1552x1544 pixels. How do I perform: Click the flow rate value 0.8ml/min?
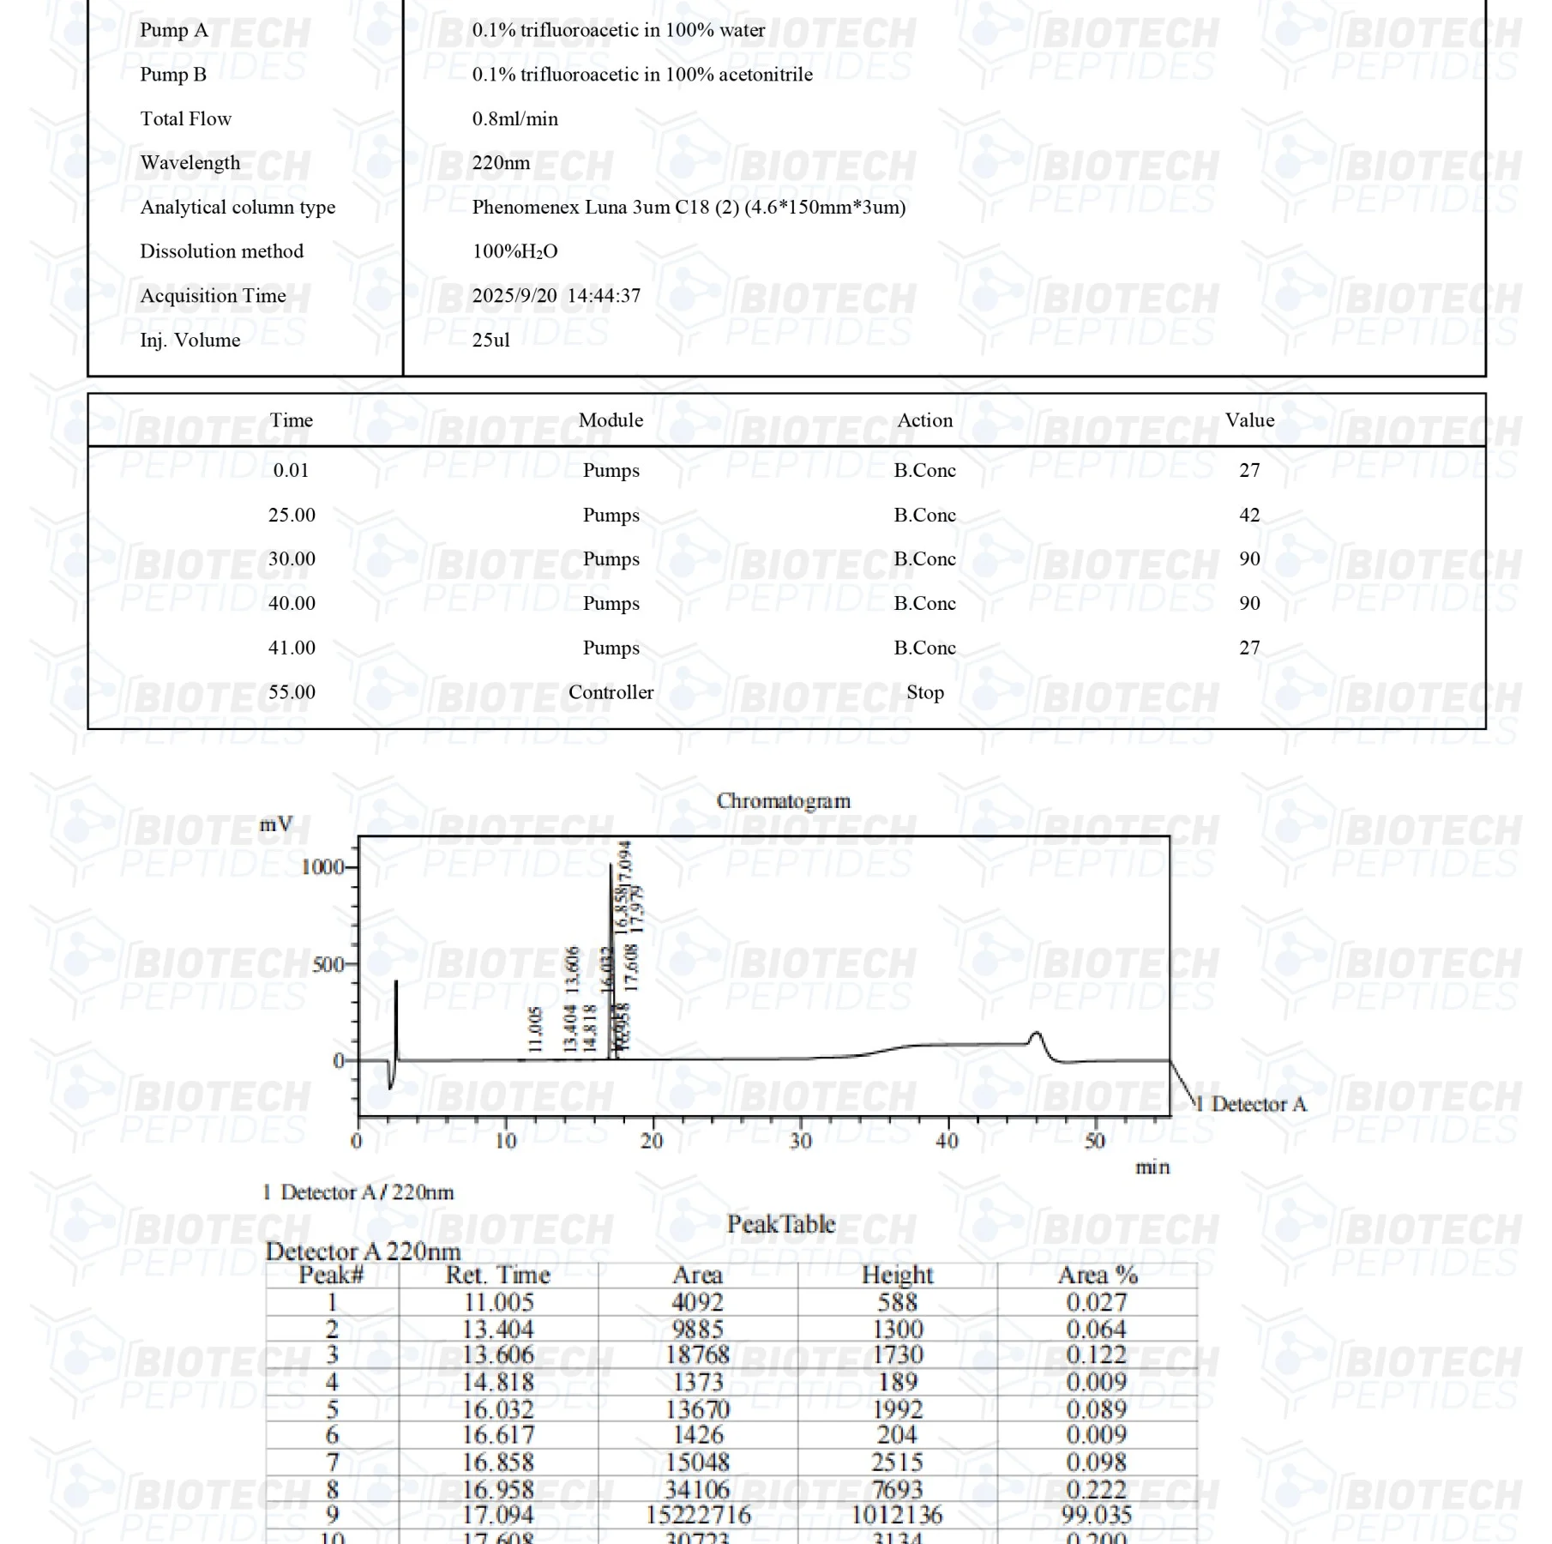point(514,119)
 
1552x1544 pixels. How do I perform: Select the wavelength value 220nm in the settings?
point(501,163)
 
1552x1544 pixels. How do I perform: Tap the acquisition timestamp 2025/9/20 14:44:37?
point(556,296)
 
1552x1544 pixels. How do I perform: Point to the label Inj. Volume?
point(189,341)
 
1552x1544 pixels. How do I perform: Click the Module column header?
point(611,420)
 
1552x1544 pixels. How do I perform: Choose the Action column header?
point(924,420)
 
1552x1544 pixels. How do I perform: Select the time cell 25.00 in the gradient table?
point(292,516)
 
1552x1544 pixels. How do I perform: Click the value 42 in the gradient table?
point(1249,516)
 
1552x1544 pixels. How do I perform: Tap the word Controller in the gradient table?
point(611,692)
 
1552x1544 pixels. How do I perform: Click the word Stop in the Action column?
point(924,692)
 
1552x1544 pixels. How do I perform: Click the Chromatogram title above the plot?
point(783,801)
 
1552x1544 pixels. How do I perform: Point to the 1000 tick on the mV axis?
point(322,867)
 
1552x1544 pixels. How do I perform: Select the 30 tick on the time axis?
point(801,1142)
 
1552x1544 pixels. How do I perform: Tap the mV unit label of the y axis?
point(276,825)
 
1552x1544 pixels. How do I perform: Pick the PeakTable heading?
point(781,1224)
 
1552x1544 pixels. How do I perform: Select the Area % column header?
point(1097,1276)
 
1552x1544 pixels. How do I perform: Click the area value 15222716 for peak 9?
point(698,1516)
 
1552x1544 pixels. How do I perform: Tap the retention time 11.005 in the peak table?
point(498,1303)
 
